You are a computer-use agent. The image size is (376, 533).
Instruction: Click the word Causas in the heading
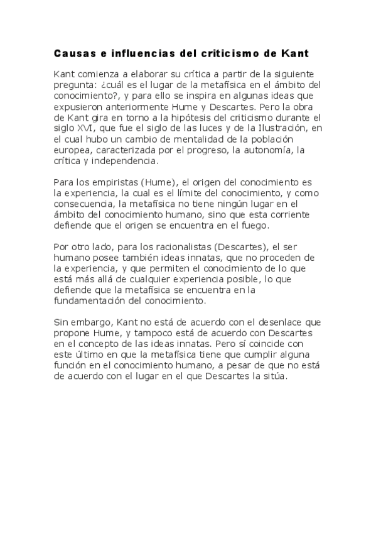pos(71,53)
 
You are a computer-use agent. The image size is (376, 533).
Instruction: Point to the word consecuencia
pos(85,205)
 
